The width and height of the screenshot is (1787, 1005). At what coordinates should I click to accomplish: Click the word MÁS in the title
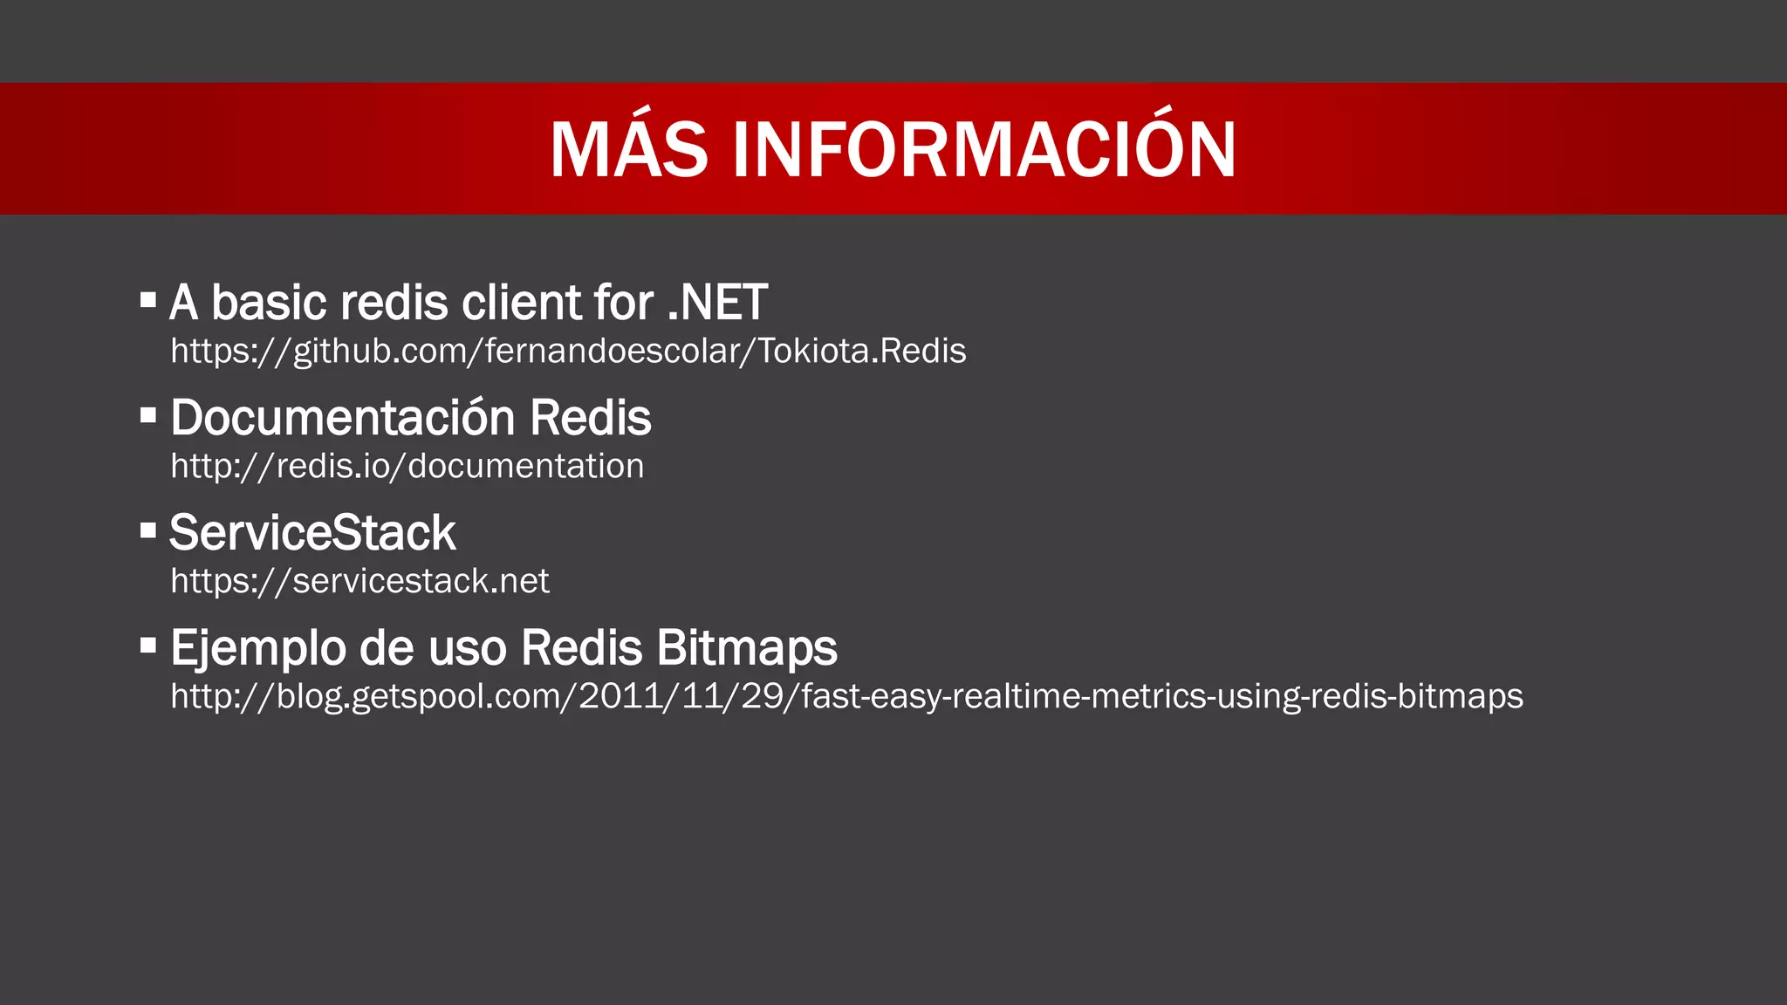pos(628,150)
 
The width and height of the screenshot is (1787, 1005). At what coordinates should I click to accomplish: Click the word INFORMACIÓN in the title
pos(984,150)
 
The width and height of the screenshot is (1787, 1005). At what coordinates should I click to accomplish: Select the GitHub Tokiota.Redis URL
pos(568,351)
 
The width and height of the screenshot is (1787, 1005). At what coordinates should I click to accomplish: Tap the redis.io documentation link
pos(407,466)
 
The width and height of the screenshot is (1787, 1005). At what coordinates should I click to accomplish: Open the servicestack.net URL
pos(359,581)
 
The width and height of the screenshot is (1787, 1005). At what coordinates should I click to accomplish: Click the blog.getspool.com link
pos(846,696)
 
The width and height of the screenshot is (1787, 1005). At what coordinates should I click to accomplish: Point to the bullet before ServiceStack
pos(148,530)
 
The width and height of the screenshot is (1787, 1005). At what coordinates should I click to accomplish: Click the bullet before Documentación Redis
pos(148,414)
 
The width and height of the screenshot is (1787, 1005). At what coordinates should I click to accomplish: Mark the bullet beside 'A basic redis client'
pos(148,300)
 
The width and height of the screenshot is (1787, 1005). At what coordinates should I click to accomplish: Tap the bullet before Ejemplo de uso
pos(148,645)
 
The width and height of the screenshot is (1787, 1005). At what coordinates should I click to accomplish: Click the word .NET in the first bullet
pos(717,303)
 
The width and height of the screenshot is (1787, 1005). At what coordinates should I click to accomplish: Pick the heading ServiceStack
pos(312,533)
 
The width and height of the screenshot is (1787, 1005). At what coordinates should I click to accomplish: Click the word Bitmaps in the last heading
pos(747,648)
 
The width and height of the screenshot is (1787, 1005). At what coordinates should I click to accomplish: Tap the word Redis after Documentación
pos(591,418)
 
